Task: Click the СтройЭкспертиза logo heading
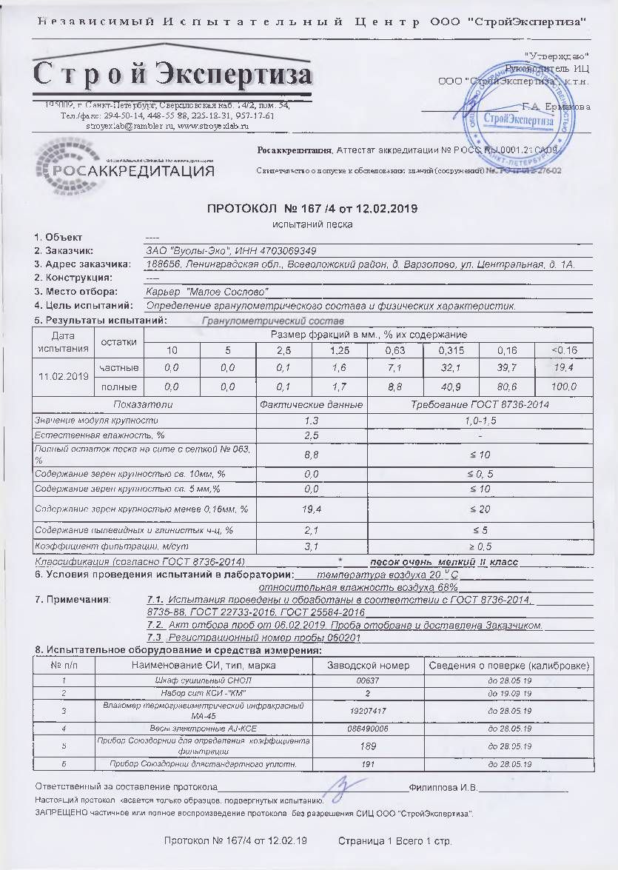click(172, 76)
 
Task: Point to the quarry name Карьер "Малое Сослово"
click(207, 292)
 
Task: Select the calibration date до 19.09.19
click(509, 693)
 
